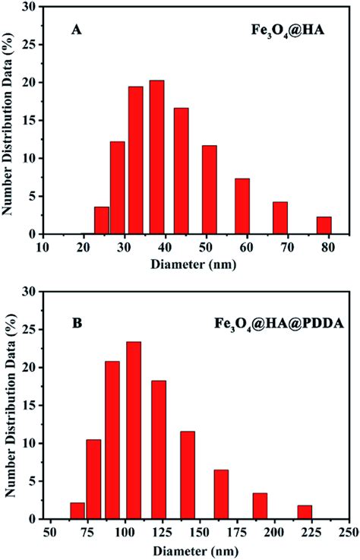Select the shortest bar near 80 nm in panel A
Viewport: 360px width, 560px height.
click(324, 226)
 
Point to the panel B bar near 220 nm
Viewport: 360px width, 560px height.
click(305, 512)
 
